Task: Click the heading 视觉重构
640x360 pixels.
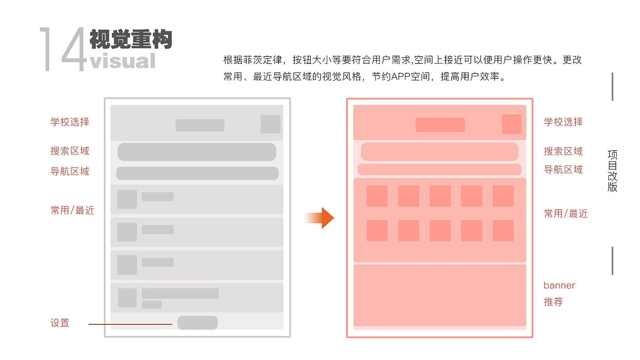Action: [130, 39]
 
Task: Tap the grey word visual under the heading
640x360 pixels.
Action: [123, 61]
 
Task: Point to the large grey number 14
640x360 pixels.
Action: [63, 49]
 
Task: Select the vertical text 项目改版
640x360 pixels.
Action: [613, 171]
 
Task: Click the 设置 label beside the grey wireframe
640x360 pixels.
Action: [60, 323]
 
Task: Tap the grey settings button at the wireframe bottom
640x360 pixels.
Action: [197, 323]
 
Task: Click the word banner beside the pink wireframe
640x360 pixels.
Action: [559, 286]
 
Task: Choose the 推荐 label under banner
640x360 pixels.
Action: [553, 302]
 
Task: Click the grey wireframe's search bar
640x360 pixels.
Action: [197, 152]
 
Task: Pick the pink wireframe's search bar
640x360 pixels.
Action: [439, 152]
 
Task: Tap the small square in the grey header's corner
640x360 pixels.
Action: [270, 124]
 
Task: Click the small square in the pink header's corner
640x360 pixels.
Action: [512, 124]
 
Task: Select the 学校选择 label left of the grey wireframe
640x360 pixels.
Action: [70, 122]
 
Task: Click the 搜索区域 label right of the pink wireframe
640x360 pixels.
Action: [563, 151]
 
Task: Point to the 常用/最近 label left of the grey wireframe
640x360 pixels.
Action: [72, 211]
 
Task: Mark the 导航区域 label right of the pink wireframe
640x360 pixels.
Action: [563, 169]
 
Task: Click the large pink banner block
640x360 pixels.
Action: [439, 295]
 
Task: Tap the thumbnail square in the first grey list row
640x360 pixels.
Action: [127, 200]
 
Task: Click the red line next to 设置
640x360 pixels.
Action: [130, 324]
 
